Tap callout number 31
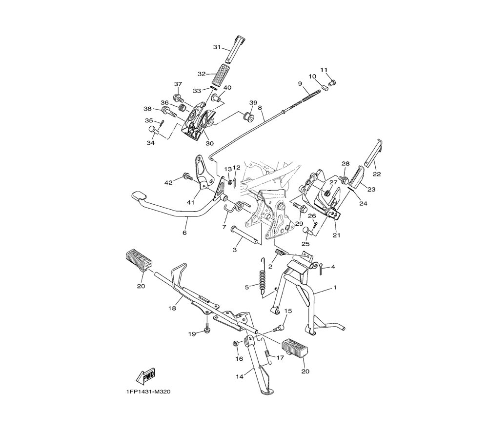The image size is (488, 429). pos(217,47)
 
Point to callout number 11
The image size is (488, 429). pos(324,70)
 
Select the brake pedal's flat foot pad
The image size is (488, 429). pos(138,196)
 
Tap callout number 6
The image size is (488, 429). pos(184,233)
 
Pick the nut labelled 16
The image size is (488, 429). pos(236,343)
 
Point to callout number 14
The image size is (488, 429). pos(239,376)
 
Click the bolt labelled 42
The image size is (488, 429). pos(188,176)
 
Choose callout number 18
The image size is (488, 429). pos(172,308)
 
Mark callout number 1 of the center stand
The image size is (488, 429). pos(335,288)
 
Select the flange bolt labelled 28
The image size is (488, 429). pos(345,179)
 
